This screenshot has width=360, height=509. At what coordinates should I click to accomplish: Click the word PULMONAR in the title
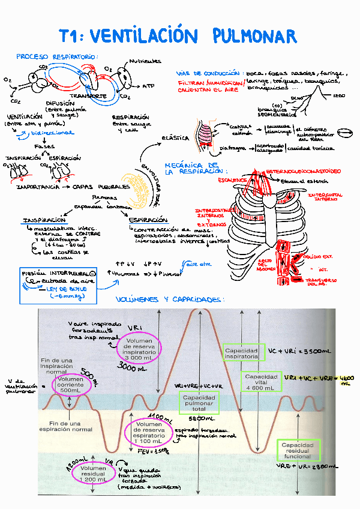coord(254,36)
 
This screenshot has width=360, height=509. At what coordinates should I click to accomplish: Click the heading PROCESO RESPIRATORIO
coord(58,58)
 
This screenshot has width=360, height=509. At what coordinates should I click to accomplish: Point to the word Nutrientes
coord(145,61)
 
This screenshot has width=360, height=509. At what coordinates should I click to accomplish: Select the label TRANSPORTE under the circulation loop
coord(88,96)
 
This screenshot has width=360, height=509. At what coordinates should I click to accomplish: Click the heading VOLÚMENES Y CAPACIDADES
coord(170,299)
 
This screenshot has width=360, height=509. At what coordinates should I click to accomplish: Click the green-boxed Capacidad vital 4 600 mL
coord(261,382)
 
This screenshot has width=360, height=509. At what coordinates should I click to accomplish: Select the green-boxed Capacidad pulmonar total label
coord(199,403)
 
